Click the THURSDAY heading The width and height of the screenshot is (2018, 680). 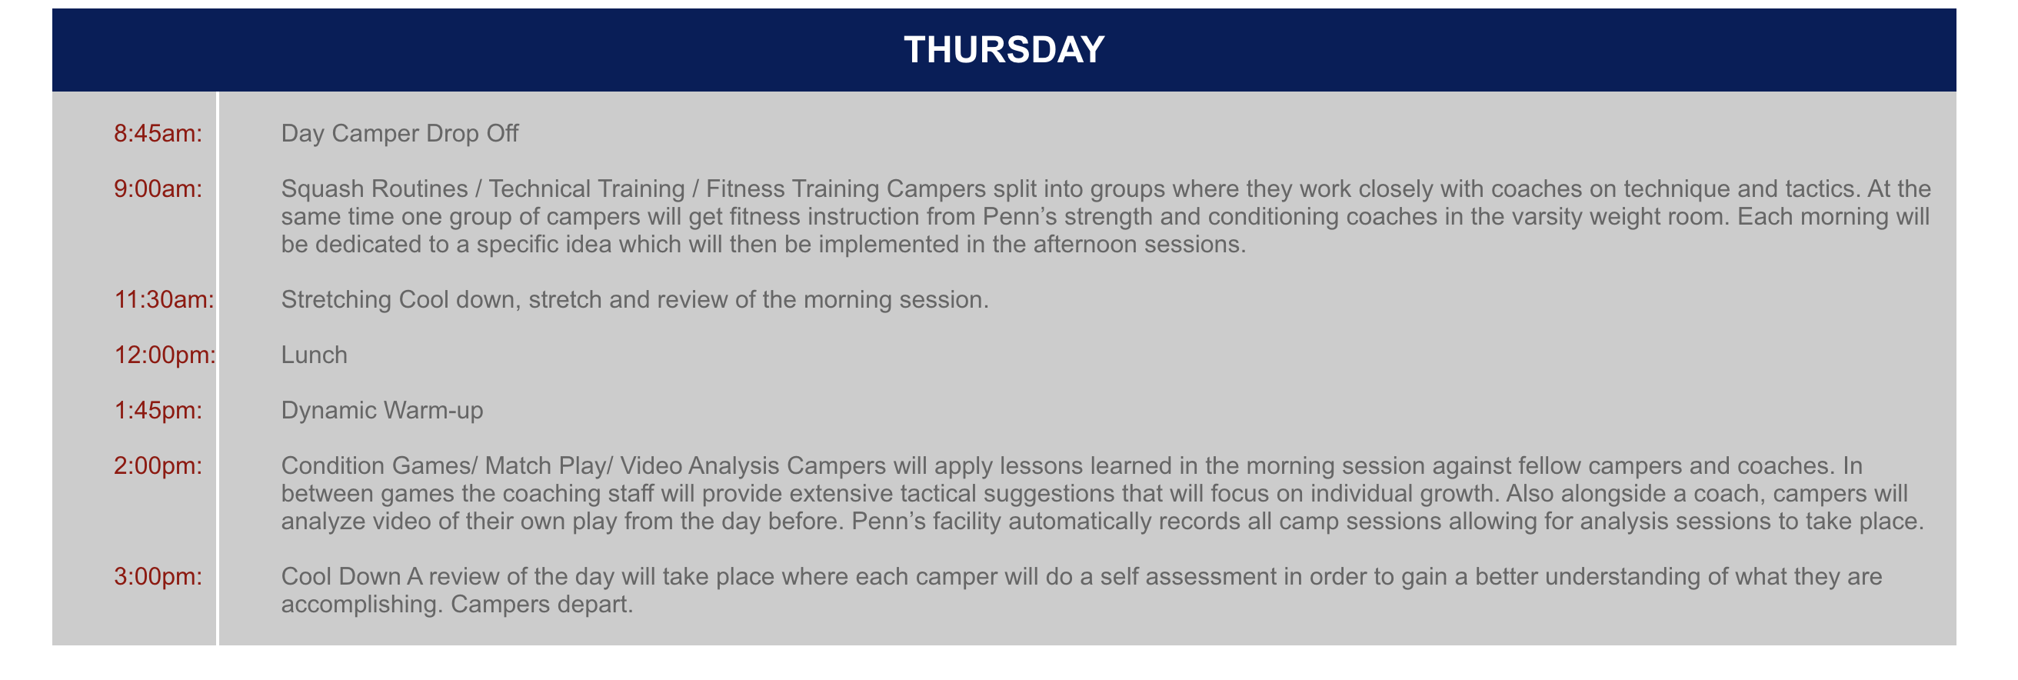[1004, 49]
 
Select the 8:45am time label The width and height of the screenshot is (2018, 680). [158, 134]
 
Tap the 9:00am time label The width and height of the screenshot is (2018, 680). [158, 188]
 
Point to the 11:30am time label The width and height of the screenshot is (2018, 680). [165, 299]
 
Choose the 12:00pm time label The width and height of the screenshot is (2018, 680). [165, 355]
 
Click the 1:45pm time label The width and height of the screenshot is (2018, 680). [158, 411]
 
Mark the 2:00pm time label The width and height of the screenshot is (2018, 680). [158, 466]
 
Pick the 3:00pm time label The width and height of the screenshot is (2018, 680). [158, 577]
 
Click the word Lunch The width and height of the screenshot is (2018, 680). [314, 355]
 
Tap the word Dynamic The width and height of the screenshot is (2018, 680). [328, 411]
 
